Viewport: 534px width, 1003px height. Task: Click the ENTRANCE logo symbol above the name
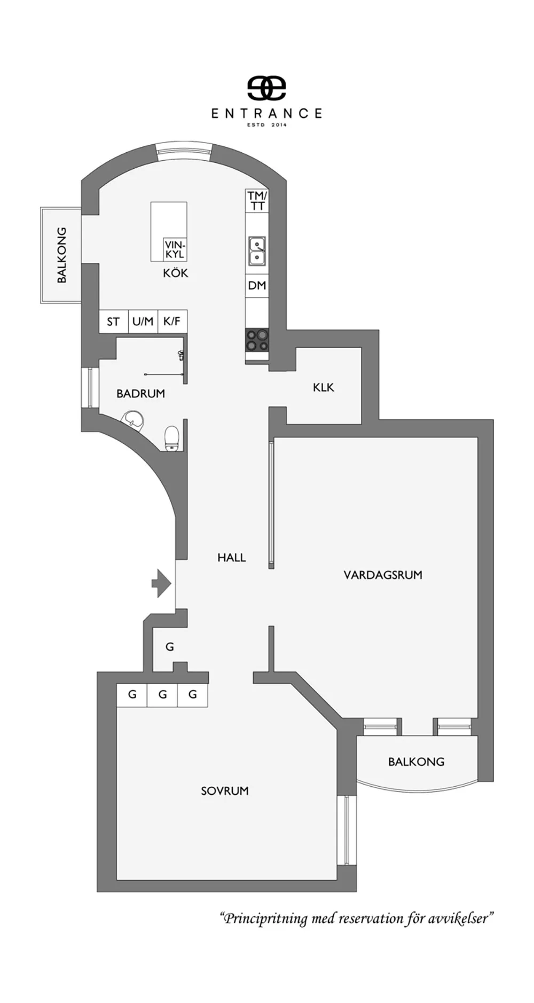tap(266, 89)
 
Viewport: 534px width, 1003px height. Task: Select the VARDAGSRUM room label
tap(383, 575)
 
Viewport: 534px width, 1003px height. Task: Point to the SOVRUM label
tap(225, 791)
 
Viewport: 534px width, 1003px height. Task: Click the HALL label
tap(231, 558)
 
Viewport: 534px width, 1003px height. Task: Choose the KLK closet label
tap(323, 387)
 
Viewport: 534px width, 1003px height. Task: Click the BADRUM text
tap(140, 394)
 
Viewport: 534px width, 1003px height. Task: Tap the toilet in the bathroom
tap(171, 438)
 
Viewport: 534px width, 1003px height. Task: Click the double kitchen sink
tap(257, 251)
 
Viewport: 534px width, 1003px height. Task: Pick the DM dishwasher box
tap(257, 286)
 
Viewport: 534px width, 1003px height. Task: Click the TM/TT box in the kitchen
tap(257, 201)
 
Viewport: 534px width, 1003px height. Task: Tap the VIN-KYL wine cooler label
tap(175, 250)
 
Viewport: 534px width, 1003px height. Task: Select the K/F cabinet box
tap(172, 322)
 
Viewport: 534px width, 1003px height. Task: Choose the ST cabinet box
tap(113, 322)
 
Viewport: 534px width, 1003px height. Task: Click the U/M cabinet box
tap(143, 322)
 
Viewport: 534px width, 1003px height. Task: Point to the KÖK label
tap(176, 273)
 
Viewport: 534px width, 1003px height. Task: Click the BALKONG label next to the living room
tap(416, 762)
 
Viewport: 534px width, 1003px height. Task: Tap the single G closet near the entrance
tap(170, 647)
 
